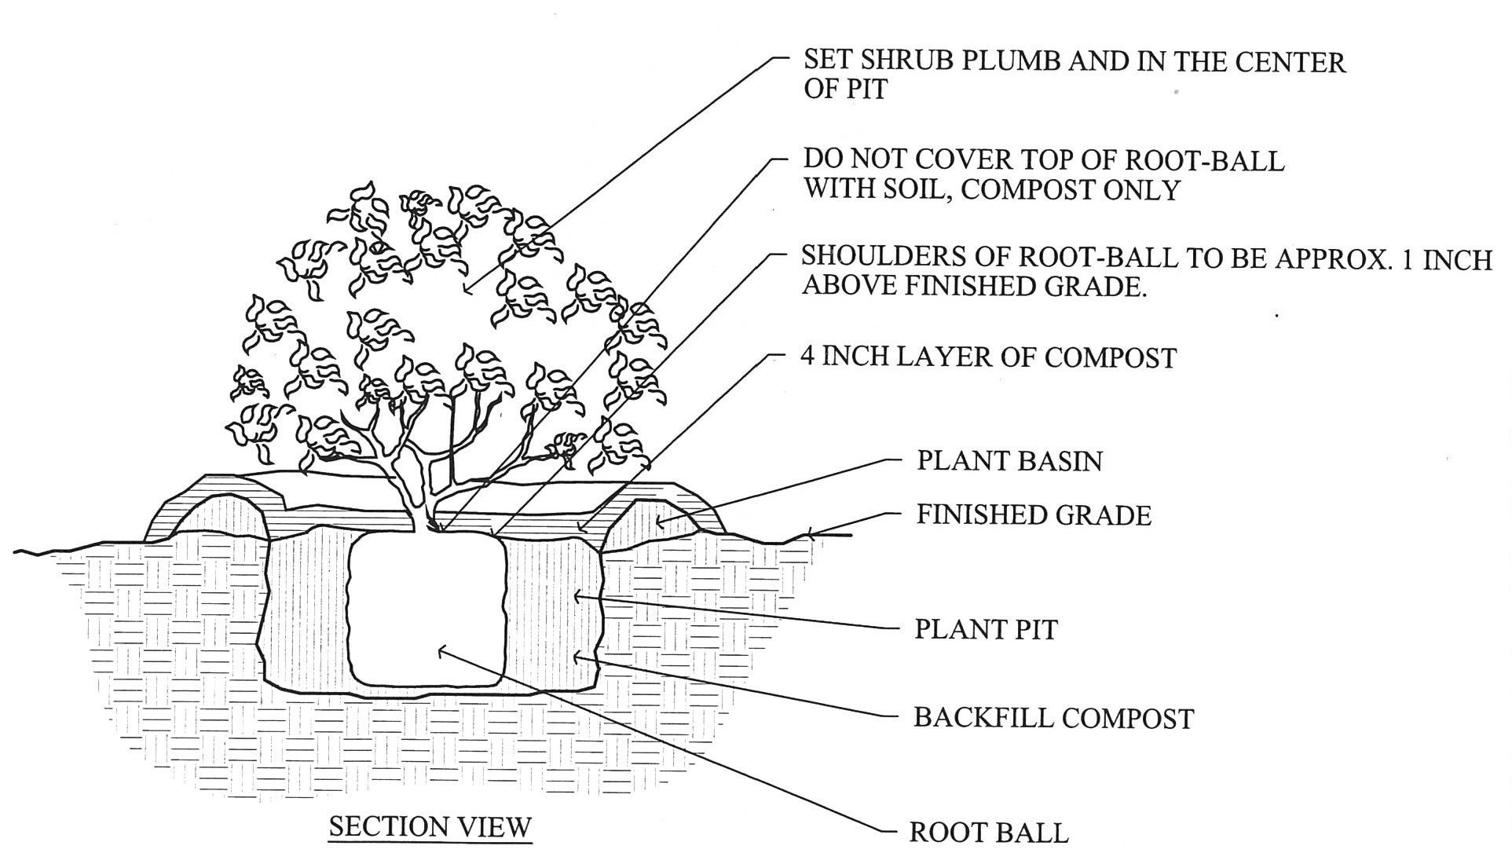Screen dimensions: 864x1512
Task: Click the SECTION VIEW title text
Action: pos(430,826)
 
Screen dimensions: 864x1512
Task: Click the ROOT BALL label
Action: pos(988,833)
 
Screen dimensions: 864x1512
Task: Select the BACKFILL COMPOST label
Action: pos(1053,718)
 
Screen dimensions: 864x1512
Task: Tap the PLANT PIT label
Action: pos(985,629)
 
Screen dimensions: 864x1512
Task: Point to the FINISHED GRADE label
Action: pos(1033,515)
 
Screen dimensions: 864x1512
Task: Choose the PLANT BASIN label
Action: pos(1009,460)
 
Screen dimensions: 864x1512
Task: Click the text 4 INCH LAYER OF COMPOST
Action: pos(987,357)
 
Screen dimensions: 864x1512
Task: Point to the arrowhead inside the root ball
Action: pos(441,650)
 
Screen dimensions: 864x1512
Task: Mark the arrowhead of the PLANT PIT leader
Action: pos(577,596)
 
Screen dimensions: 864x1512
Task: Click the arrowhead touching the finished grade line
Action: pos(809,536)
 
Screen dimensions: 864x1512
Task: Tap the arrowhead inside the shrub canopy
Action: pos(468,291)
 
